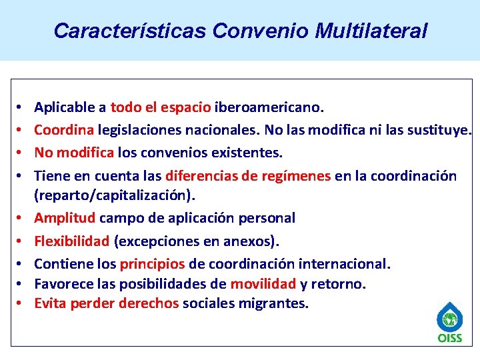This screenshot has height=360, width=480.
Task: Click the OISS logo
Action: click(x=449, y=323)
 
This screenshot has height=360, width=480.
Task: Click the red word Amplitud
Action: click(x=65, y=218)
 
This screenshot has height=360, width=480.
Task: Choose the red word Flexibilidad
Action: click(x=72, y=240)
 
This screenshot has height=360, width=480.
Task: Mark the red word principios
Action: click(x=152, y=263)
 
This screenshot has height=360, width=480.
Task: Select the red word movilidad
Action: click(x=263, y=284)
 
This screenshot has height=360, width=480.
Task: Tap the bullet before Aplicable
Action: click(x=21, y=107)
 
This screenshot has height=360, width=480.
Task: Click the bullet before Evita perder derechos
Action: click(x=21, y=304)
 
